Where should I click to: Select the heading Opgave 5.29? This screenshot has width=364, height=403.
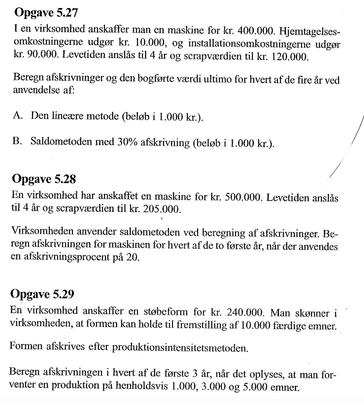(x=43, y=294)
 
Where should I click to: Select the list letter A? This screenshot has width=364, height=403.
(x=18, y=116)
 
